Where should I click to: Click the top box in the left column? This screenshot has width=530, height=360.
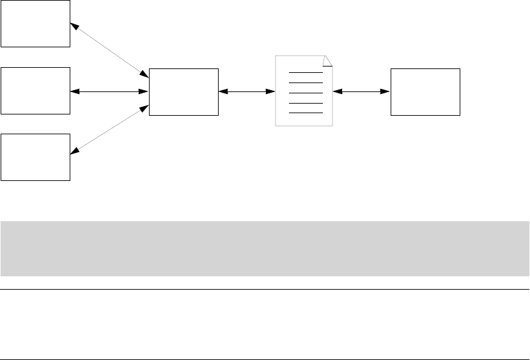pos(35,23)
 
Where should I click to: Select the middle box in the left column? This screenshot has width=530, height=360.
pos(35,91)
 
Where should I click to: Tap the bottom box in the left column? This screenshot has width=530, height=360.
pos(35,157)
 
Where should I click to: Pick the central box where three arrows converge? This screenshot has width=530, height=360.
pos(183,91)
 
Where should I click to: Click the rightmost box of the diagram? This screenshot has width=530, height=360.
pos(425,91)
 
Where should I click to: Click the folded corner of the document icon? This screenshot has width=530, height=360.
pos(328,61)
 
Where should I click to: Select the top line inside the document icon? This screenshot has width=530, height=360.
pos(306,73)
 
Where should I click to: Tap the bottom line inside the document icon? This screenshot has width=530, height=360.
pos(306,113)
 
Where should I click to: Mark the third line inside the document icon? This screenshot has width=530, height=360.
pos(306,93)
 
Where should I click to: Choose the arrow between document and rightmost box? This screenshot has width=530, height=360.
pos(361,91)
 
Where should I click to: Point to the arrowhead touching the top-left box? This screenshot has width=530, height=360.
pos(74,26)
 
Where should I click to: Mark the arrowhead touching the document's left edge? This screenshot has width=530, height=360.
pos(270,91)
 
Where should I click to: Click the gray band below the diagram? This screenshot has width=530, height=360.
pos(265,249)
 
